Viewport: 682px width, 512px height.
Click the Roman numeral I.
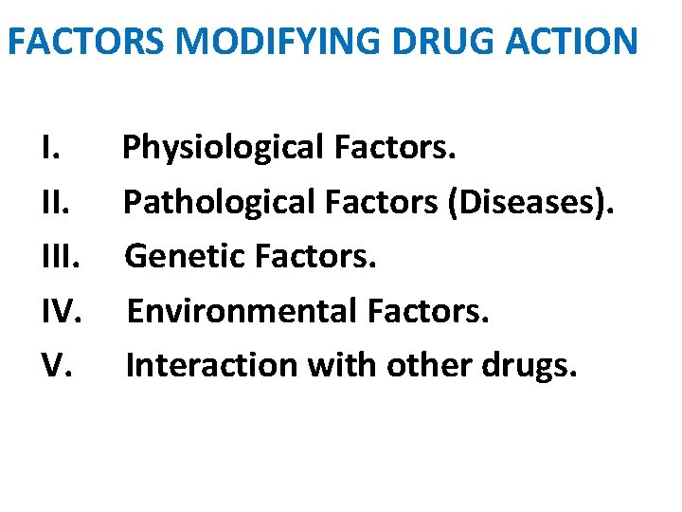50,148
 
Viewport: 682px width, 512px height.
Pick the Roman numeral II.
55,202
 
